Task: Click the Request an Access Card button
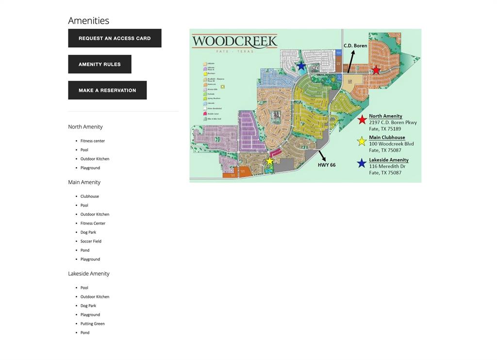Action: [x=115, y=38]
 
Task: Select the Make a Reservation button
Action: [x=107, y=90]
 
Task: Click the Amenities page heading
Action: [x=88, y=20]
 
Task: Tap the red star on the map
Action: [x=376, y=70]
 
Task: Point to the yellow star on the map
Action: [x=270, y=161]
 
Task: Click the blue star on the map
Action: [x=301, y=66]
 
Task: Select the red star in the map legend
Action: [x=362, y=120]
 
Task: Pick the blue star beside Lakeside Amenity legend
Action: [x=362, y=163]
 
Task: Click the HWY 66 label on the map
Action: [x=327, y=165]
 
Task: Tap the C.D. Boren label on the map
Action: [x=355, y=46]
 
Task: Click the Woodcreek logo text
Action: [x=234, y=41]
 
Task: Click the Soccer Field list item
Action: [x=91, y=241]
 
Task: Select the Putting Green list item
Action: [x=92, y=324]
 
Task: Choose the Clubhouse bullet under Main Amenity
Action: [x=89, y=196]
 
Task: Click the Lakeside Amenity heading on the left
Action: [x=89, y=274]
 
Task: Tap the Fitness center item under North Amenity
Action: [x=93, y=141]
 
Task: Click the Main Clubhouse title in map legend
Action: [x=387, y=137]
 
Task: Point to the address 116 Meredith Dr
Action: [x=387, y=166]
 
